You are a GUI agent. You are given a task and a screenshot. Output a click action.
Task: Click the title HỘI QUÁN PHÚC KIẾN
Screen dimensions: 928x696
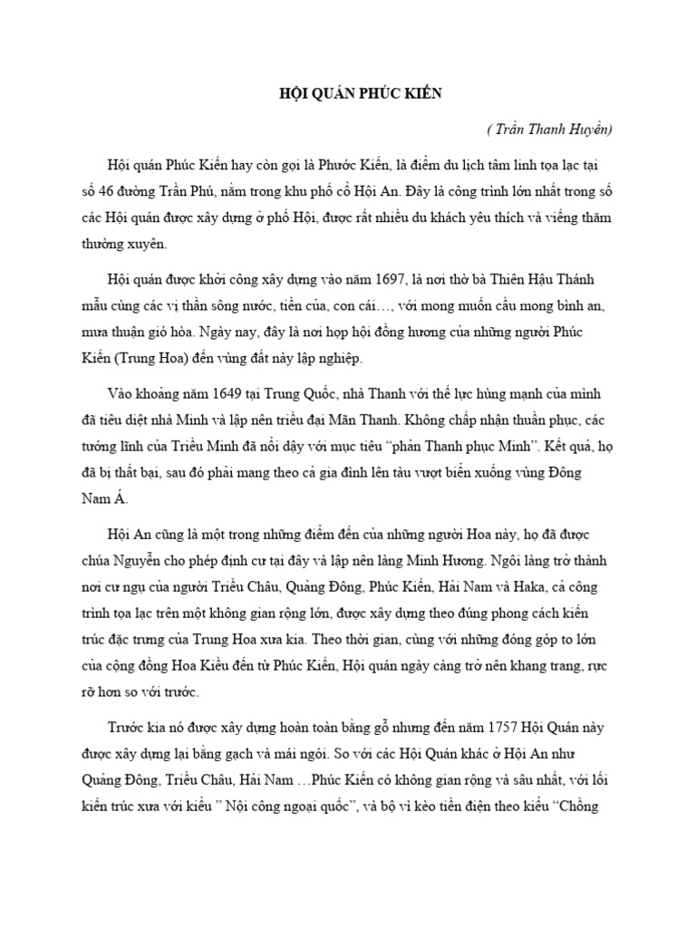coord(347,95)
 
